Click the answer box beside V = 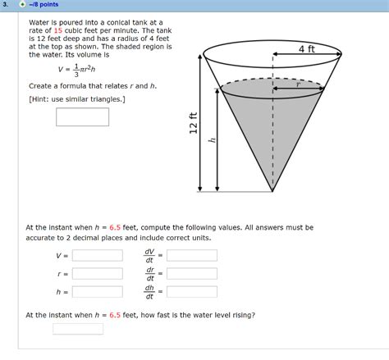point(97,255)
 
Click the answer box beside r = point(97,273)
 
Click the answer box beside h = point(97,291)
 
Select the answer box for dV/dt point(192,255)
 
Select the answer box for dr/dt point(192,273)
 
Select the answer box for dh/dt point(192,291)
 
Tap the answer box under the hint point(82,116)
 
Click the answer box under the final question point(78,330)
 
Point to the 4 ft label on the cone point(309,49)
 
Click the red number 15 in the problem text point(58,30)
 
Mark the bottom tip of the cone point(272,190)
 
